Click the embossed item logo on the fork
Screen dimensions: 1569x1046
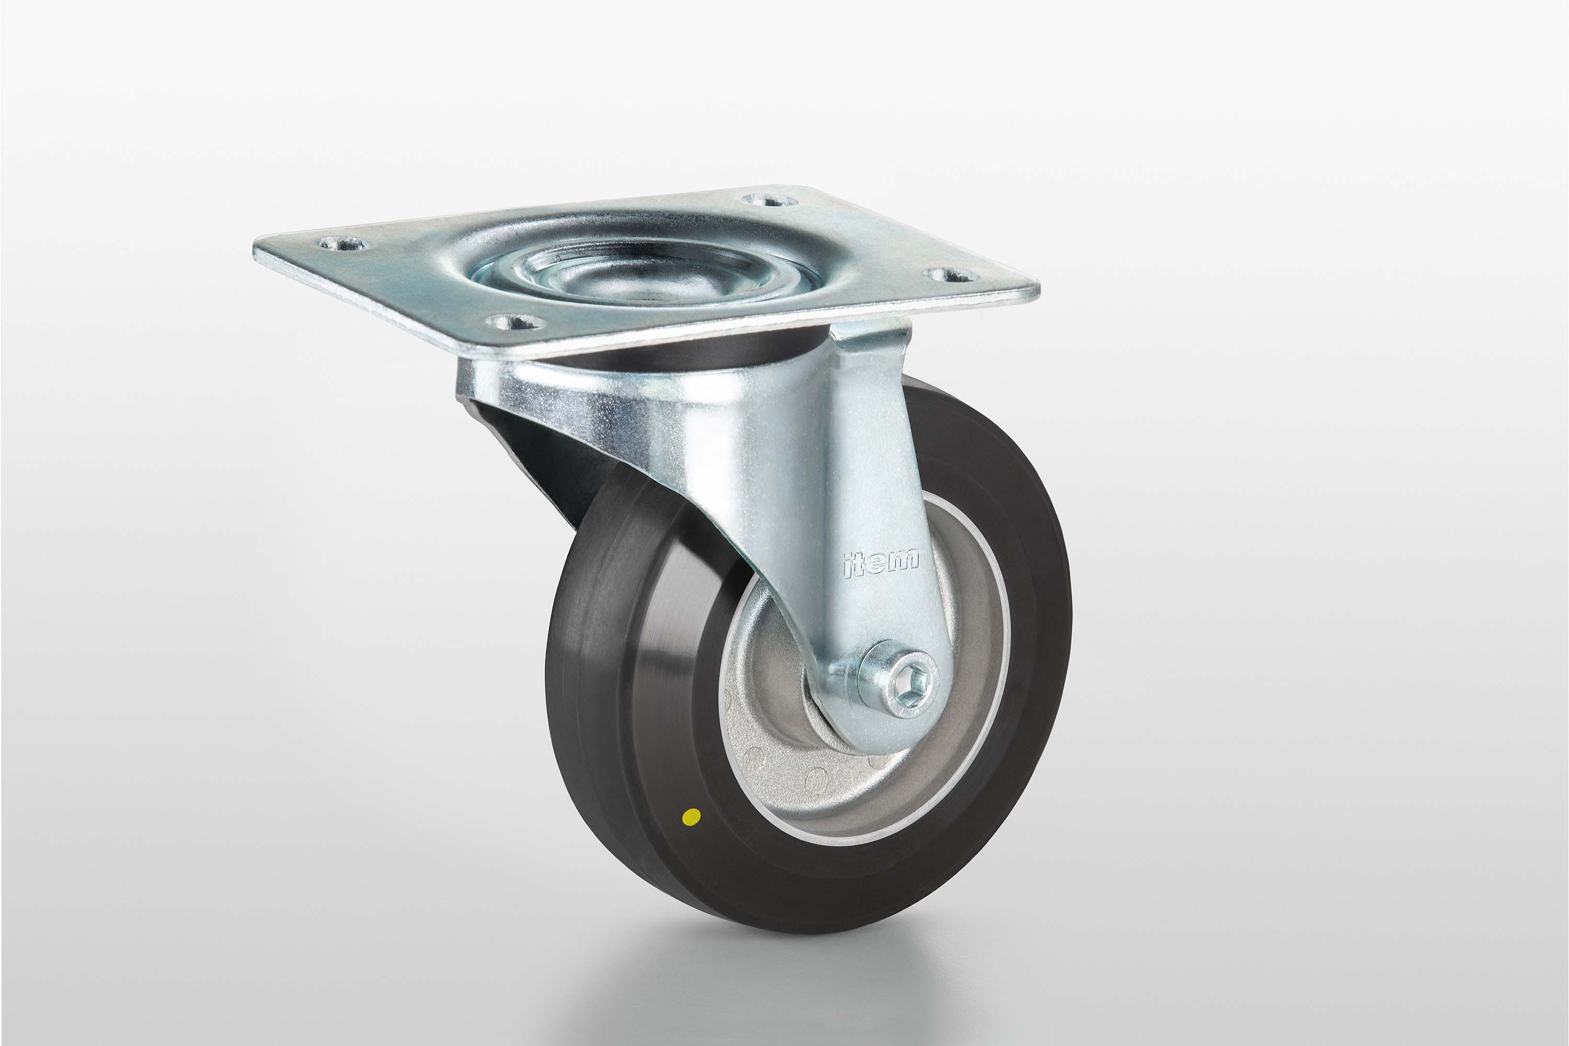click(881, 564)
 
